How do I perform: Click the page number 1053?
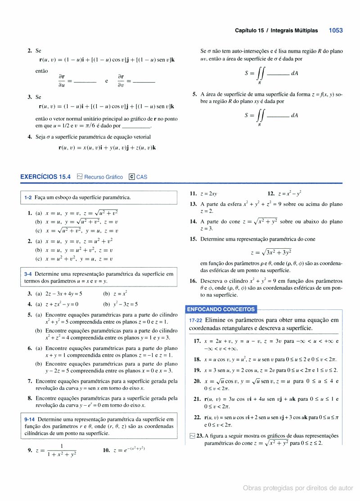[x=336, y=31]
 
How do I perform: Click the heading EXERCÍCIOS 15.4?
[x=45, y=177]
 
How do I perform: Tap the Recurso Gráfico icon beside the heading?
[x=80, y=177]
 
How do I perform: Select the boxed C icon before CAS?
[x=131, y=177]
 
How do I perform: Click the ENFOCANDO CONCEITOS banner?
[x=221, y=309]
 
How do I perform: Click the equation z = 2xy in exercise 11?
[x=209, y=194]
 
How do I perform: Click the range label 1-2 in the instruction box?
[x=28, y=197]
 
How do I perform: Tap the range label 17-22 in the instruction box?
[x=196, y=321]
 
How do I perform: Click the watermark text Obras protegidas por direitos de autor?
[x=298, y=488]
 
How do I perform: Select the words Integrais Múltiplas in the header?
[x=294, y=31]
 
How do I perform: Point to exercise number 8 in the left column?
[x=29, y=398]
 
